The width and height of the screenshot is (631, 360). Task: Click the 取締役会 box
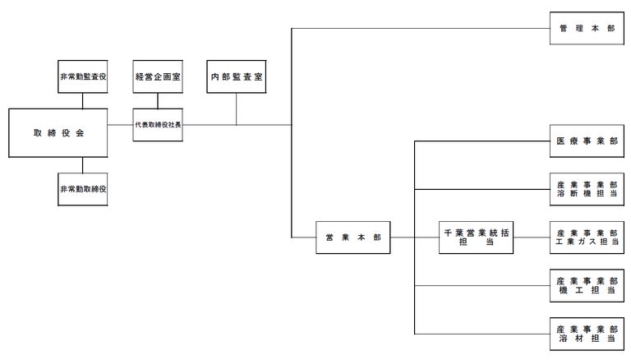tap(58, 133)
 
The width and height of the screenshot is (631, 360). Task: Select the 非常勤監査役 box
tap(82, 76)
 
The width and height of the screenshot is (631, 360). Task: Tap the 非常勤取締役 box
tap(82, 189)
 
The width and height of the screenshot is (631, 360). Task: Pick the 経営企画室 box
tap(158, 76)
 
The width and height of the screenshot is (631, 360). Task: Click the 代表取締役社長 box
tap(158, 125)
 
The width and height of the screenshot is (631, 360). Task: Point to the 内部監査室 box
tap(237, 76)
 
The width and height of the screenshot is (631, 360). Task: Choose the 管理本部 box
tap(587, 28)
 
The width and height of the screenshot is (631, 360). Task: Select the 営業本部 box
tap(353, 238)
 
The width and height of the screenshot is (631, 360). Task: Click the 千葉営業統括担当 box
tap(476, 238)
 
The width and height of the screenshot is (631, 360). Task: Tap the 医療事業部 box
tap(587, 141)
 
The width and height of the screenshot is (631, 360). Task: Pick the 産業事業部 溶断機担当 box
tap(587, 189)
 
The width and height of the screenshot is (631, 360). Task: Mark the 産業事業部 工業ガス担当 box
tap(587, 238)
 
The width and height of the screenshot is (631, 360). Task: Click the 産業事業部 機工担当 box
tap(587, 286)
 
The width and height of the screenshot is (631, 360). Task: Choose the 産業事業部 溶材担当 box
tap(587, 334)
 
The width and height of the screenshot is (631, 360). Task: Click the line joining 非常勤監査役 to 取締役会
tap(82, 100)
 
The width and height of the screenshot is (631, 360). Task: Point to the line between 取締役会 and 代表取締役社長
tap(120, 125)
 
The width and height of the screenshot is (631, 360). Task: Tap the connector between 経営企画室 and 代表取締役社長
tap(158, 100)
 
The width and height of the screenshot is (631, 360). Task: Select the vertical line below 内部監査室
tap(237, 109)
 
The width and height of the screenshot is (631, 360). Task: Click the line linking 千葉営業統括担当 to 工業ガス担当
tap(532, 238)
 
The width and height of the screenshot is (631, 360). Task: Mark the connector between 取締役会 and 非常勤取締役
tap(82, 165)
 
